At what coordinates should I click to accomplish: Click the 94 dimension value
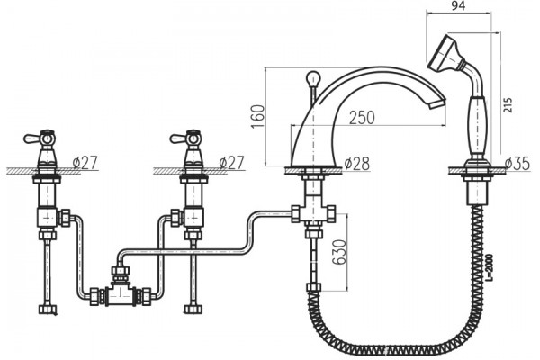coord(458,5)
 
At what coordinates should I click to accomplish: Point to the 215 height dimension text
coord(508,105)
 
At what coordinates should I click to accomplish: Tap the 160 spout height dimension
coord(258,116)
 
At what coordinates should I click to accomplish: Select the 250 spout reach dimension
coord(362,118)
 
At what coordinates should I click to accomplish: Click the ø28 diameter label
coord(356,163)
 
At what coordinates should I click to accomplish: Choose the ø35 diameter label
coord(517,163)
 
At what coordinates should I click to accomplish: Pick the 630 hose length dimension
coord(339,252)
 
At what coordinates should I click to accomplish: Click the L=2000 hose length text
coord(490,267)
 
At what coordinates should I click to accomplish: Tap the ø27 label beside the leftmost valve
coord(85,162)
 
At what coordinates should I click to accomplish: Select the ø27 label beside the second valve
coord(232,162)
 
